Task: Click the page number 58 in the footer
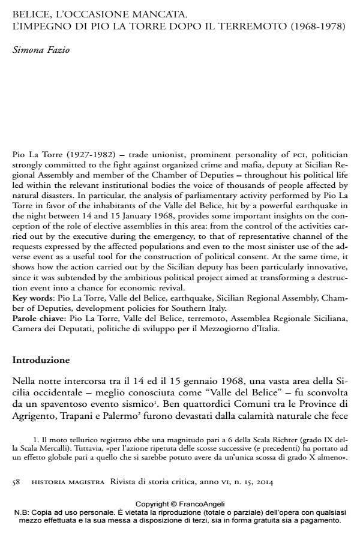[x=17, y=482]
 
